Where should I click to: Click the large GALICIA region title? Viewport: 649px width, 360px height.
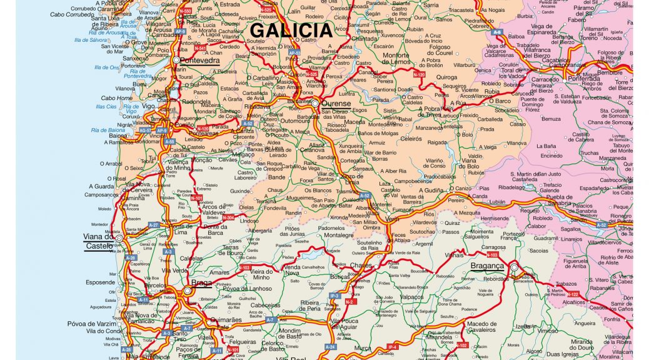291,31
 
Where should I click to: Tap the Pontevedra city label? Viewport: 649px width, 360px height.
199,61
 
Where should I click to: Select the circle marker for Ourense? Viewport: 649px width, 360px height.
316,102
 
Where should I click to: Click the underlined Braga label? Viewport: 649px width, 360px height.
202,282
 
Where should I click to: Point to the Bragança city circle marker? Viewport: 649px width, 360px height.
514,267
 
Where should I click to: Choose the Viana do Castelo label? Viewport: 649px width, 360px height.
99,241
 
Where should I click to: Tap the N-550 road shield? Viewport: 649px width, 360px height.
185,11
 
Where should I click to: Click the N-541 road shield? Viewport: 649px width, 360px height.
200,48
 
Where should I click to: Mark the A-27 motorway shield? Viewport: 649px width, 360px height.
153,225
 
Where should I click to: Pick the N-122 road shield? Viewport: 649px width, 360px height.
573,294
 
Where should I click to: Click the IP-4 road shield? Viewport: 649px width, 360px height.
392,346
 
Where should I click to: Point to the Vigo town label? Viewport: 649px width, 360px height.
148,106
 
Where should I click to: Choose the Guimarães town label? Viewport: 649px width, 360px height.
224,319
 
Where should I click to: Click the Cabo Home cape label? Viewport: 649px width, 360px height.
117,98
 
